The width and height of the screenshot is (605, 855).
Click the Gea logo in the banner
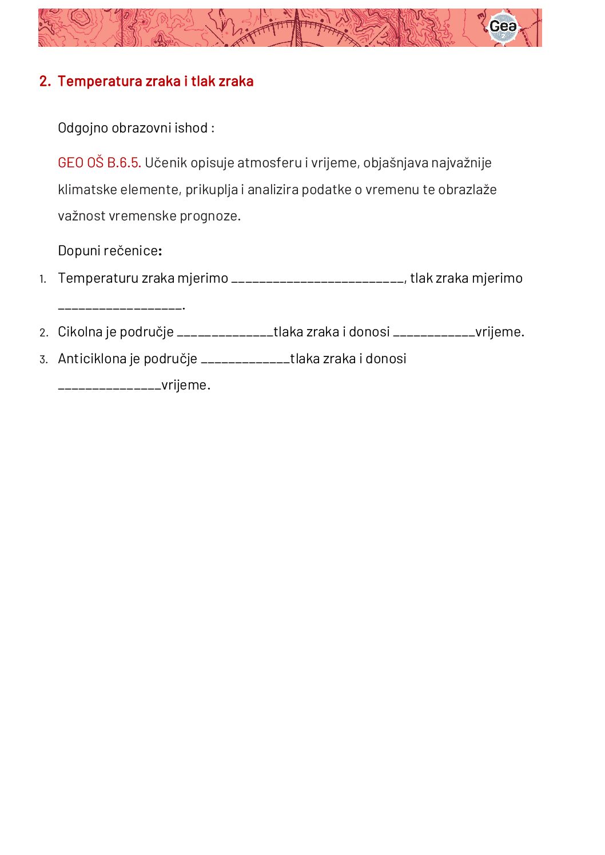[503, 27]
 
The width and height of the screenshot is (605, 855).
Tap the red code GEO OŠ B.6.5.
[99, 163]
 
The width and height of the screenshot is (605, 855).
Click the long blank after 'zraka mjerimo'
[318, 280]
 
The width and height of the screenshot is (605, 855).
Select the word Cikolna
[79, 332]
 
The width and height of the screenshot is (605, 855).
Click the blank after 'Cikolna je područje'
[225, 334]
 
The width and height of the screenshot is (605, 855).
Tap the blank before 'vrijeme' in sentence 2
[434, 334]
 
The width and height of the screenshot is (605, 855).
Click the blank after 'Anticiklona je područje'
[245, 360]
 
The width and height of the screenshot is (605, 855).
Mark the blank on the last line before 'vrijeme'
[110, 387]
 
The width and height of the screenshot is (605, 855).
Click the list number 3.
[43, 359]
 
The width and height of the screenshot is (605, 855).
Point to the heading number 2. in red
[45, 81]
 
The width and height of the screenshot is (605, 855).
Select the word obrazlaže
[467, 190]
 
